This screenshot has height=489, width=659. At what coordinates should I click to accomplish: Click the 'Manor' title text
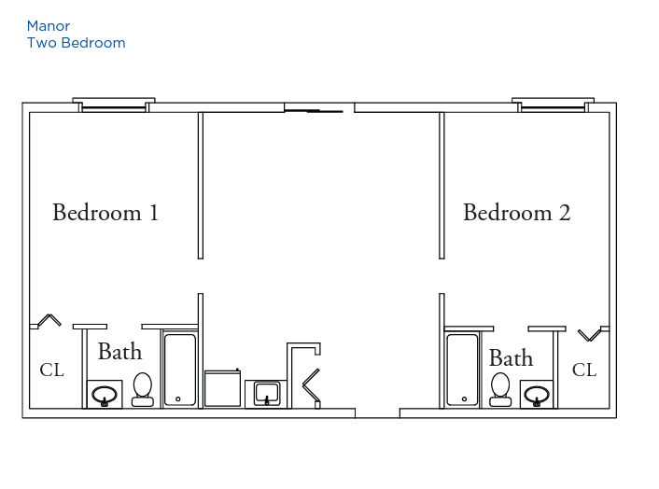pos(49,26)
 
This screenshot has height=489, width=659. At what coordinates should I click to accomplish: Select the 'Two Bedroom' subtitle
pos(76,43)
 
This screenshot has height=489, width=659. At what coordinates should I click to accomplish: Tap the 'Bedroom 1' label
pos(105,212)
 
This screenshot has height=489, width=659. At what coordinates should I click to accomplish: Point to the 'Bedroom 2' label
pos(517,212)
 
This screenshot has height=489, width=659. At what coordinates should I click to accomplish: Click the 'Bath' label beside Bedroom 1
pos(119,351)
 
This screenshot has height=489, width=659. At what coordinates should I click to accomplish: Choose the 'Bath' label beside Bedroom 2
pos(512,358)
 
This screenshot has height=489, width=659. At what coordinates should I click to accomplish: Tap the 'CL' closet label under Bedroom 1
pos(51,370)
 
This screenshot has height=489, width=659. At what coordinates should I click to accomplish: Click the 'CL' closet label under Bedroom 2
pos(584,370)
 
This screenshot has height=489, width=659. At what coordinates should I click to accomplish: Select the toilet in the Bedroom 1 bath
pos(143,389)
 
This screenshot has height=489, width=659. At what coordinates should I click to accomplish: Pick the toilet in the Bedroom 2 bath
pos(500,389)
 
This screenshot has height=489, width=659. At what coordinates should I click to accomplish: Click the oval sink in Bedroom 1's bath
pos(105,395)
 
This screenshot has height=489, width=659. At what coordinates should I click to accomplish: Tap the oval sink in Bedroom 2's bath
pos(537,396)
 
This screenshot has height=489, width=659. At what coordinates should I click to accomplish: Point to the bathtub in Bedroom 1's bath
pos(180,370)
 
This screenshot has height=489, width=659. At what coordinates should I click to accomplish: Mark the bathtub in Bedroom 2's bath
pos(462,370)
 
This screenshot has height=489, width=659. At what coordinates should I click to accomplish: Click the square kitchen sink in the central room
pos(266,394)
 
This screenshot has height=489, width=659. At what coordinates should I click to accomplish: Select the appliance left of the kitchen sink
pos(223,388)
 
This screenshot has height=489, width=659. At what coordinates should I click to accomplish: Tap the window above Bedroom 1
pos(114,105)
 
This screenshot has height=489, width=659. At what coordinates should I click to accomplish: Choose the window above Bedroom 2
pos(554,105)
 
